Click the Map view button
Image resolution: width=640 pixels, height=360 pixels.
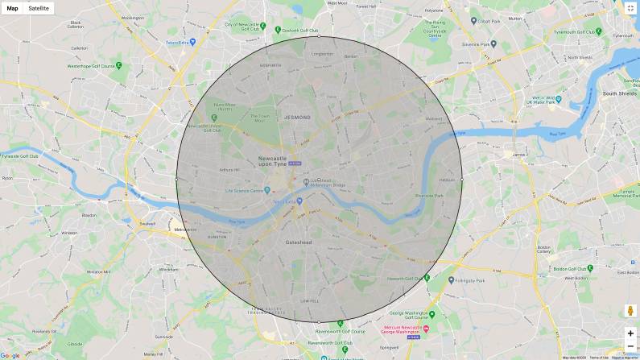(x=13, y=8)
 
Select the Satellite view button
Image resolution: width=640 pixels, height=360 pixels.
(x=39, y=8)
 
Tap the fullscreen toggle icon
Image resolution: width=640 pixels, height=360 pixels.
(x=630, y=8)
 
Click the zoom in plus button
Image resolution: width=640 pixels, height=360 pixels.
(x=630, y=333)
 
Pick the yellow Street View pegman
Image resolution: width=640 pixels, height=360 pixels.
(x=630, y=311)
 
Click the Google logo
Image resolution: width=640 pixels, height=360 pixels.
(x=10, y=355)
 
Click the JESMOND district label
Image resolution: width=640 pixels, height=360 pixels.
(x=297, y=118)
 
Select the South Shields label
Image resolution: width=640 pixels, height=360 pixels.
(x=620, y=93)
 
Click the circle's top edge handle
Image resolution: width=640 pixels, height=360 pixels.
(x=319, y=36)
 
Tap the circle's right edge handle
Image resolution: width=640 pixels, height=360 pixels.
(x=461, y=179)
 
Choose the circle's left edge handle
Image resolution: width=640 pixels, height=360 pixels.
(x=176, y=179)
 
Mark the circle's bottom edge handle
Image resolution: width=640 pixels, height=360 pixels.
(x=319, y=321)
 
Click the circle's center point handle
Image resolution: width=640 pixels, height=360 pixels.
(x=319, y=179)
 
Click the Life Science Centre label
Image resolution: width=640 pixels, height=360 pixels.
(x=248, y=191)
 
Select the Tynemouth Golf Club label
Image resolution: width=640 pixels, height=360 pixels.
(x=577, y=33)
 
